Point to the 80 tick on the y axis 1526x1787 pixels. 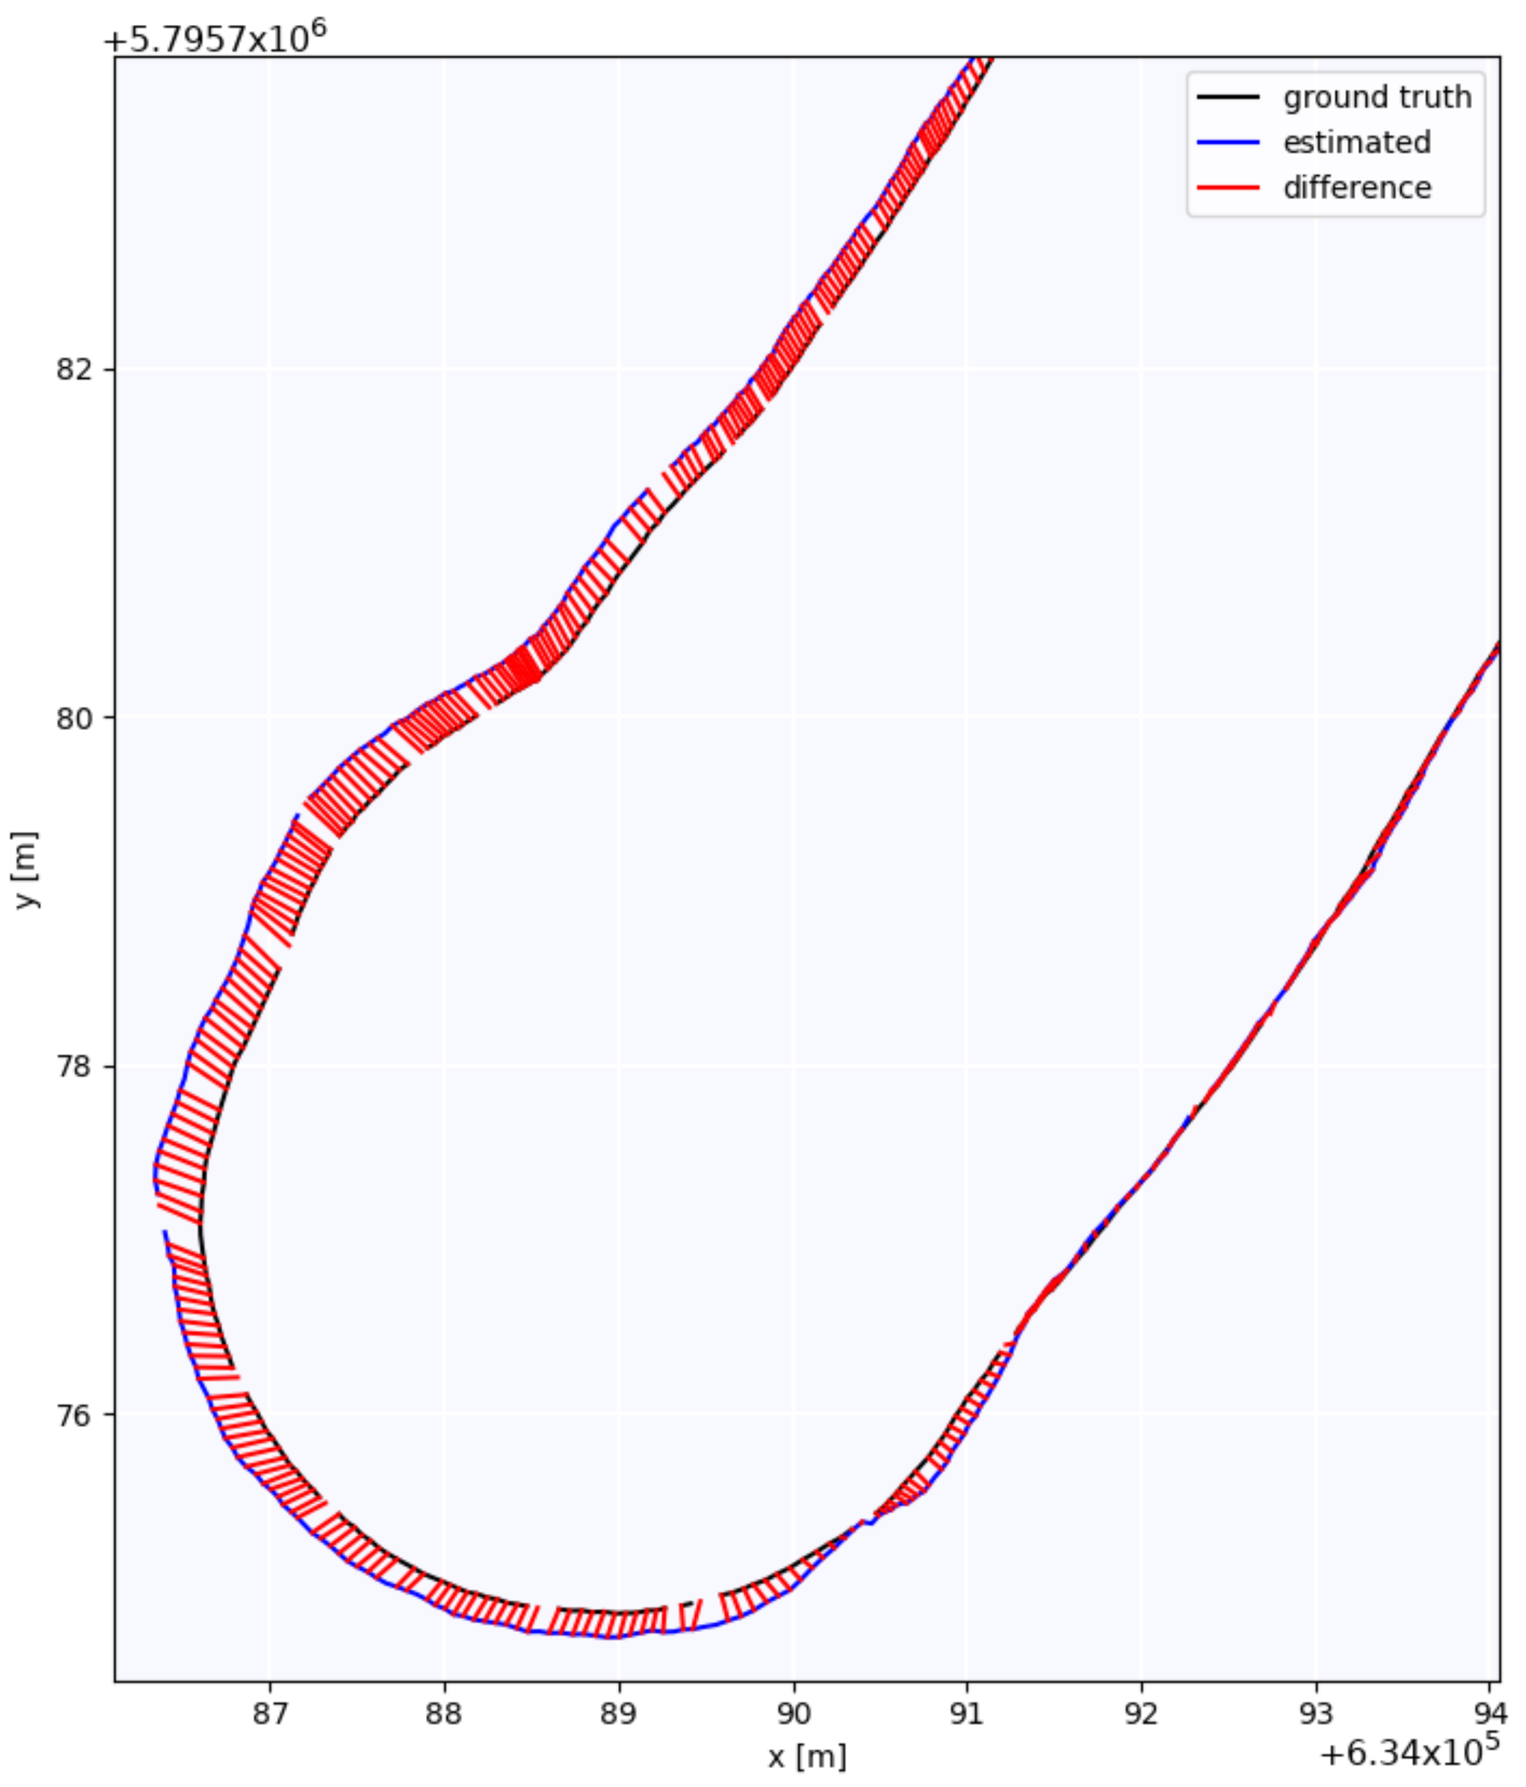point(73,717)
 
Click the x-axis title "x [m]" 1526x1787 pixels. point(807,1756)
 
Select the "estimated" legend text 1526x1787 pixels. point(1356,142)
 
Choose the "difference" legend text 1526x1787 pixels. point(1356,187)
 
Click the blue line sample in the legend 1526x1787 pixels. point(1227,142)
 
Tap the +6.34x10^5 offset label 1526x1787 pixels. point(1409,1751)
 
